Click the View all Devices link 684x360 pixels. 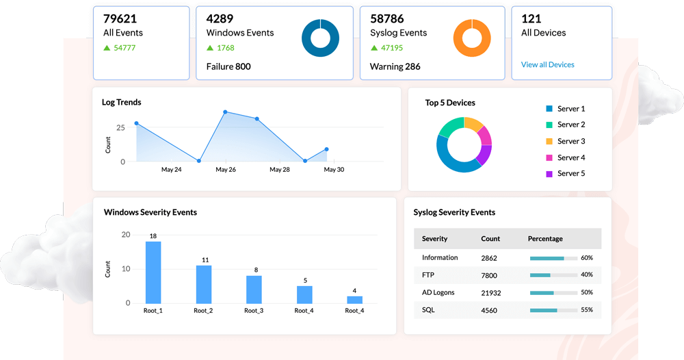(x=547, y=65)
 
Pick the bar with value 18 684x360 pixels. (x=153, y=272)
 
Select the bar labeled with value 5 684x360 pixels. (x=304, y=294)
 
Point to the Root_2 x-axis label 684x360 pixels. (x=203, y=311)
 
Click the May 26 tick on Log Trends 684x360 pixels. (x=226, y=170)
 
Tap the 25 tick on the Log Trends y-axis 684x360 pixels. (x=120, y=128)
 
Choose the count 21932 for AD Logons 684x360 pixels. (x=491, y=293)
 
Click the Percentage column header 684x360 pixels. (x=545, y=239)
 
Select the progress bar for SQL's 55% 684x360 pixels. (x=553, y=311)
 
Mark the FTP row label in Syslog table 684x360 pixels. (x=428, y=275)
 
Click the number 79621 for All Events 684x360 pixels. (x=120, y=18)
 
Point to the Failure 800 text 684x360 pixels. (x=228, y=66)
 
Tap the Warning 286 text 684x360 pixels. (x=395, y=66)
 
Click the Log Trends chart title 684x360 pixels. (x=122, y=103)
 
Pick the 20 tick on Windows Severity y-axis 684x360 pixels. (x=125, y=235)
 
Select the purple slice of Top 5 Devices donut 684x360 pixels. (x=484, y=155)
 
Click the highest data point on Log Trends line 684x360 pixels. (x=224, y=112)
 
